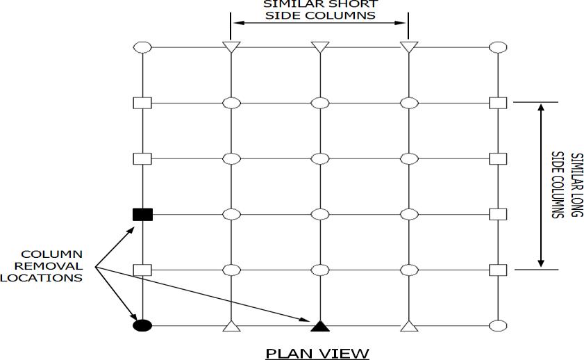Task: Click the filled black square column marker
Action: (x=142, y=214)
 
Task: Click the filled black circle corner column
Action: (x=142, y=325)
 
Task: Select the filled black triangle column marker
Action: (x=319, y=325)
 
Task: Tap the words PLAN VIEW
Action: (x=317, y=353)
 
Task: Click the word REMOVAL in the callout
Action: (x=51, y=265)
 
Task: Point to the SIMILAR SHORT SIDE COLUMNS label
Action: (x=319, y=10)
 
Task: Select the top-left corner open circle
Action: (x=142, y=47)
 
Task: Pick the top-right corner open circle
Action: (x=498, y=47)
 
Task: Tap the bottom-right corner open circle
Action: (x=498, y=325)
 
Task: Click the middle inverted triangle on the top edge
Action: (x=319, y=47)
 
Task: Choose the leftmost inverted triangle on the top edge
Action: (x=231, y=47)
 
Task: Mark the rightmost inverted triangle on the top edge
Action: (x=408, y=47)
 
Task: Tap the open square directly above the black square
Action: (x=142, y=158)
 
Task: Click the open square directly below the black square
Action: (x=142, y=269)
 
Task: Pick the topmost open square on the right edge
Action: (x=498, y=103)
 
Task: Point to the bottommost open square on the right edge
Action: (x=498, y=269)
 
